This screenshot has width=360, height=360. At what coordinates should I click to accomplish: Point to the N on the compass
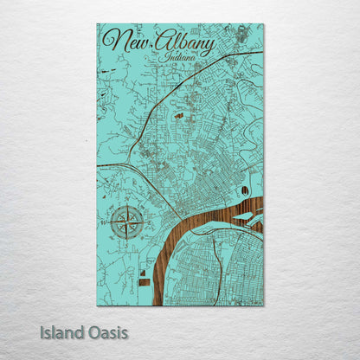click(128, 204)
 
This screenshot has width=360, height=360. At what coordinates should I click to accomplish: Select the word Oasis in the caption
click(104, 331)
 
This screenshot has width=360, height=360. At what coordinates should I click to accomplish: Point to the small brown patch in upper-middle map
click(177, 115)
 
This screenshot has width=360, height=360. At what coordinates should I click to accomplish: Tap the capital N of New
click(110, 39)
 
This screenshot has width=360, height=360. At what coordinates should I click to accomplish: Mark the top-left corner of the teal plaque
click(97, 24)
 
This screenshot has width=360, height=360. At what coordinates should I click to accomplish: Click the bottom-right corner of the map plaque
click(263, 305)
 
